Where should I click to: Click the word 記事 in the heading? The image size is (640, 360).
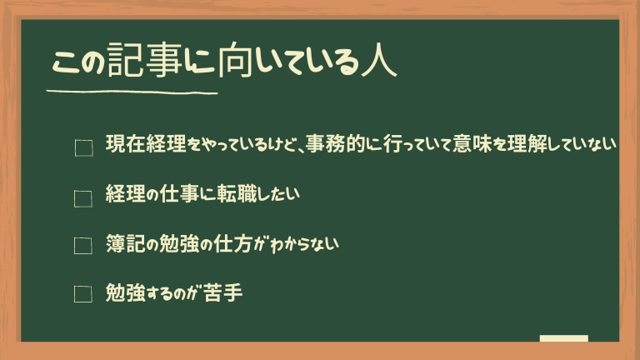[x=144, y=60]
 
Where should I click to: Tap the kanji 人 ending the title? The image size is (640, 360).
[x=379, y=61]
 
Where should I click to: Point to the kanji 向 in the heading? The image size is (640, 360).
[x=235, y=60]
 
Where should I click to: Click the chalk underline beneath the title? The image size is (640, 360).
[x=132, y=92]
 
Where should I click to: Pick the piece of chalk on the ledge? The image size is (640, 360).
[x=563, y=338]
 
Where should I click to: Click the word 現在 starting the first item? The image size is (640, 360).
[x=126, y=143]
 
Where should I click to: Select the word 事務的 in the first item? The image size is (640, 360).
[x=335, y=143]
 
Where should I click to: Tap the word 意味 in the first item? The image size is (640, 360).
[x=472, y=143]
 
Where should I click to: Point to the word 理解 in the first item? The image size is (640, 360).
[x=527, y=143]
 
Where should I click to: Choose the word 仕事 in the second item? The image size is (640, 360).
[x=179, y=194]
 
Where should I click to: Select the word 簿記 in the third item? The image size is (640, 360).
[x=126, y=243]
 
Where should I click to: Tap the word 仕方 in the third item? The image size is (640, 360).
[x=232, y=243]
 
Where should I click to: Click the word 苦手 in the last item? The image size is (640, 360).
[x=222, y=292]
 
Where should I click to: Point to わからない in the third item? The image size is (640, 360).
[x=304, y=244]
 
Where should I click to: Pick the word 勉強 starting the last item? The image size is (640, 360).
[x=126, y=292]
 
